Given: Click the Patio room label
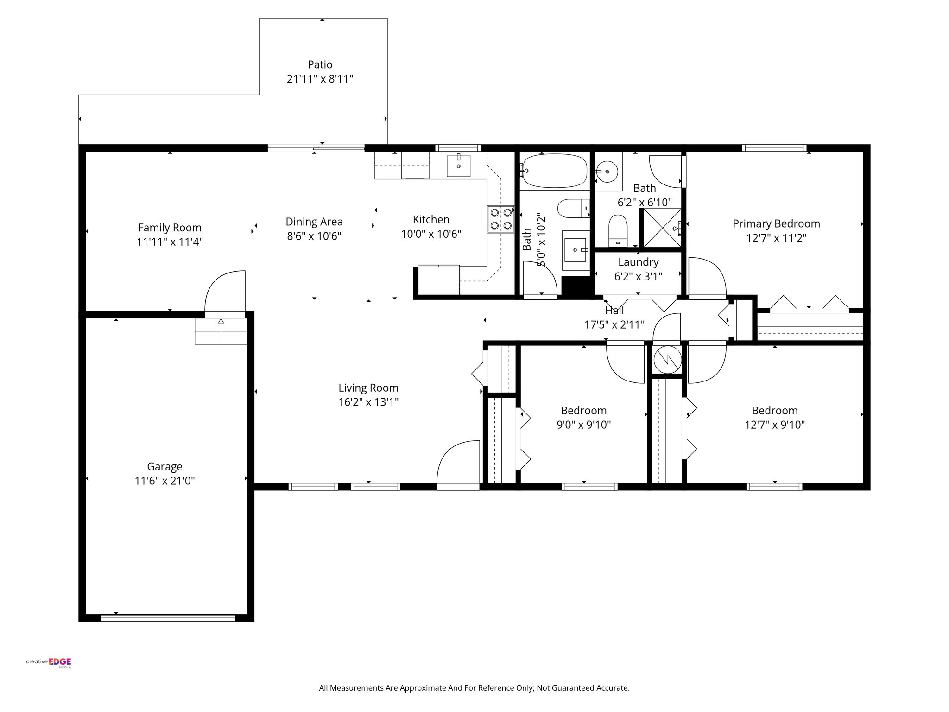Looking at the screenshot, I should point(320,64).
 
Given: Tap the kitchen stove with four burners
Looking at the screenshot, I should point(501,219).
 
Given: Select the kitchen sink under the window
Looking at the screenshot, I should point(458,166).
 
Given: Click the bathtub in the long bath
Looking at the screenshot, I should point(554,171).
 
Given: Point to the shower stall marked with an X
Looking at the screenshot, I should point(662,228).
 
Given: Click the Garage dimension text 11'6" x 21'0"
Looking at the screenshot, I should point(164,481).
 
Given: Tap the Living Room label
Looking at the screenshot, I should point(368,388).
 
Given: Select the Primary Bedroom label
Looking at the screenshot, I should point(776,223).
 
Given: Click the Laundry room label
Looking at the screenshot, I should point(638,262).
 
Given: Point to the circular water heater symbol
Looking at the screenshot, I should point(667,359).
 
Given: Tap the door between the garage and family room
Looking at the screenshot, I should point(225,292).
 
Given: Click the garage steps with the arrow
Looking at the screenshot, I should point(221,331).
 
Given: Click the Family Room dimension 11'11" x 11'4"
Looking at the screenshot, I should point(170,242).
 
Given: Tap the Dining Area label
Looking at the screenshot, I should point(314,222).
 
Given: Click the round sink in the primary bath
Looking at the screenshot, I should point(607,172).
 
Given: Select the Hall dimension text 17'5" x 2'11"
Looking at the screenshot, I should point(614,324).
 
